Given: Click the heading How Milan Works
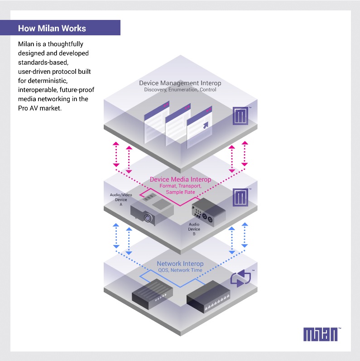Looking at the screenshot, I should pyautogui.click(x=52, y=29).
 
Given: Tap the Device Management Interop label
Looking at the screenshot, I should pyautogui.click(x=180, y=83).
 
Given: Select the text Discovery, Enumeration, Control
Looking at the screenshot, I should pyautogui.click(x=180, y=90).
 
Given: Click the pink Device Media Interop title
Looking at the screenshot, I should pyautogui.click(x=180, y=180).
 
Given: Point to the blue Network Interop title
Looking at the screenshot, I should pyautogui.click(x=180, y=264).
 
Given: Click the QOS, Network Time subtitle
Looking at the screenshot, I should pyautogui.click(x=180, y=270).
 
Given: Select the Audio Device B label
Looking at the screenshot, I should pyautogui.click(x=194, y=229).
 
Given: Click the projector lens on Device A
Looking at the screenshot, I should pyautogui.click(x=148, y=218).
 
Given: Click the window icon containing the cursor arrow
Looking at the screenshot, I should pyautogui.click(x=200, y=122).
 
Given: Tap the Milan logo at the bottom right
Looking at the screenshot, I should pyautogui.click(x=322, y=334).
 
